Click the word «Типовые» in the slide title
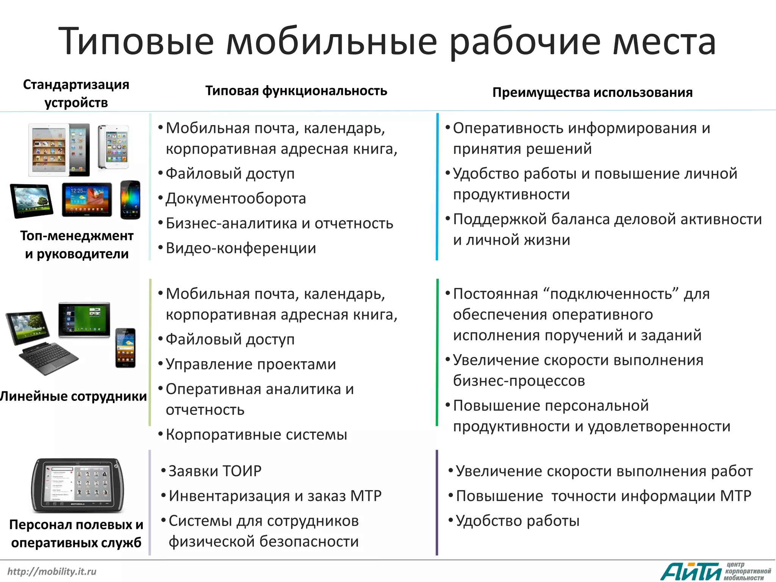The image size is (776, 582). [136, 41]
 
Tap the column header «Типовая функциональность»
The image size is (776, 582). [296, 91]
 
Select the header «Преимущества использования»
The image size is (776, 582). [592, 92]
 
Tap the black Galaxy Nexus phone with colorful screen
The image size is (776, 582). [130, 200]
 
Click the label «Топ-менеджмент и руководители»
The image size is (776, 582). [77, 245]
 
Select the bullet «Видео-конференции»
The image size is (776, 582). [241, 248]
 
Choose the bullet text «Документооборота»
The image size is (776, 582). [235, 199]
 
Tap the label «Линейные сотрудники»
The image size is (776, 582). [74, 396]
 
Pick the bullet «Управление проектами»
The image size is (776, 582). [250, 364]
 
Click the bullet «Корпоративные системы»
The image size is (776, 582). [256, 435]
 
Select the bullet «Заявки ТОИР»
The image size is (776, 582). [215, 471]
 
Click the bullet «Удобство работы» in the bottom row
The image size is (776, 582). [517, 521]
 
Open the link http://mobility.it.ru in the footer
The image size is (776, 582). [52, 571]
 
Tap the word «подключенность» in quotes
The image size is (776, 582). [611, 294]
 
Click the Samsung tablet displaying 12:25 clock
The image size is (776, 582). [87, 200]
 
